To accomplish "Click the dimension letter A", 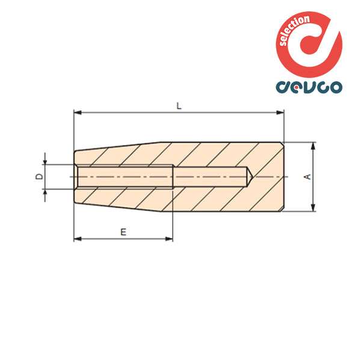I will (x=306, y=177).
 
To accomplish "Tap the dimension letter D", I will (x=37, y=176).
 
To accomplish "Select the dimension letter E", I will (x=123, y=231).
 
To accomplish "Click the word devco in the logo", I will (x=309, y=87).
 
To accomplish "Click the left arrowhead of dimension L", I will (x=76, y=112).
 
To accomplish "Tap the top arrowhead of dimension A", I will (x=313, y=145).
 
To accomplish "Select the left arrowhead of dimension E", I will (x=76, y=239).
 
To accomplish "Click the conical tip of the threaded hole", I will (x=253, y=177).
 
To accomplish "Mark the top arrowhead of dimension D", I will (x=46, y=161).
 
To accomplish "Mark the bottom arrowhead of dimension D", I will (x=46, y=192).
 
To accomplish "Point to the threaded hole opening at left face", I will (x=75, y=177).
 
